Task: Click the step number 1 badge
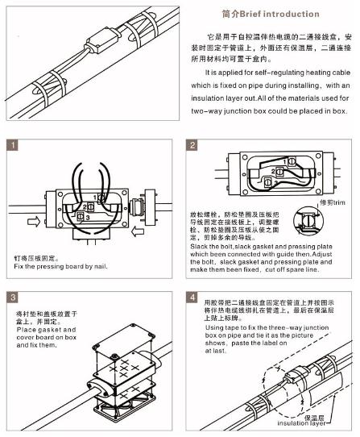coord(12,145)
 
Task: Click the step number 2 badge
coord(192,145)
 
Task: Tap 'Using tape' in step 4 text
coord(228,328)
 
